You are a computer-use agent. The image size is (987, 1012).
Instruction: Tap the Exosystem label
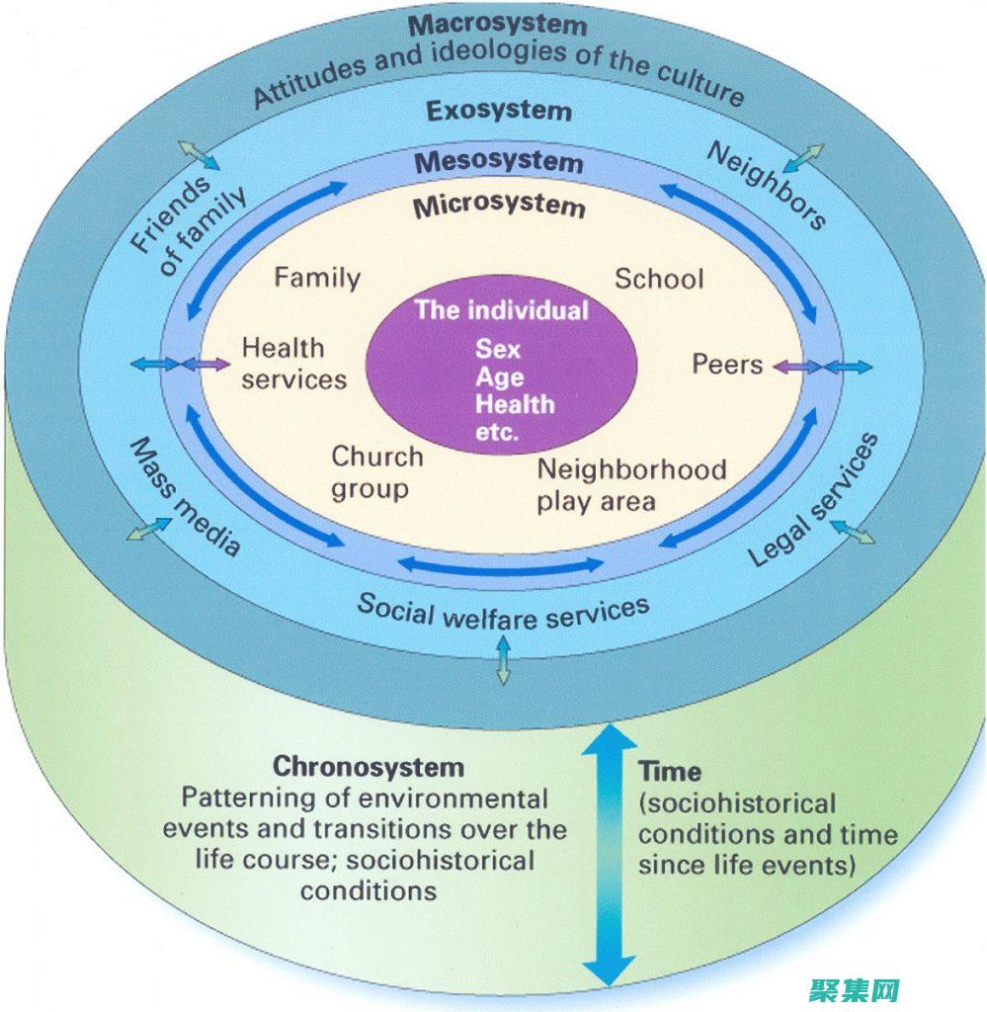498,110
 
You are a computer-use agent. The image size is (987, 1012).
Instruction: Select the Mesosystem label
498,160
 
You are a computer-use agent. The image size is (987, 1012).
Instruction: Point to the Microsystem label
498,206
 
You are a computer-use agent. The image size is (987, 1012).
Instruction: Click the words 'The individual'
501,310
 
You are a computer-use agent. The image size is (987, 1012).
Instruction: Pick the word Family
317,278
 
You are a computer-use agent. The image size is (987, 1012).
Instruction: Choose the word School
659,279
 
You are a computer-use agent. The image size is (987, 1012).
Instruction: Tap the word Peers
727,365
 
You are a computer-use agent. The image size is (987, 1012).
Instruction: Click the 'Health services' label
293,364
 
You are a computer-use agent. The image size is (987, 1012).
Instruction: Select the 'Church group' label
376,472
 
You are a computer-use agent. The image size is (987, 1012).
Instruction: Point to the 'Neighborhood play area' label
630,484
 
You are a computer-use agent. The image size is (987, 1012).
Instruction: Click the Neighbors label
767,186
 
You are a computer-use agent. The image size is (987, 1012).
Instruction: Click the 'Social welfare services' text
503,611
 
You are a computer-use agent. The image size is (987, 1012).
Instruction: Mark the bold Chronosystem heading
368,766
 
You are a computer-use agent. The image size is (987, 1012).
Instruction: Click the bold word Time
670,771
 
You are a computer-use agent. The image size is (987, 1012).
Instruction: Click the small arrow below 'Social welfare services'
503,659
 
